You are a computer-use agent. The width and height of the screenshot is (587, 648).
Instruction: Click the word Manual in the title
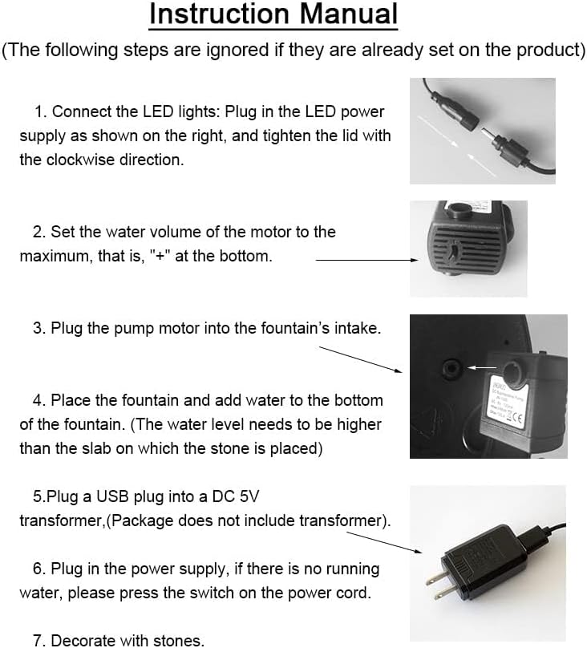point(348,14)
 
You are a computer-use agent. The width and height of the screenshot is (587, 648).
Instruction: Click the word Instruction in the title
point(219,14)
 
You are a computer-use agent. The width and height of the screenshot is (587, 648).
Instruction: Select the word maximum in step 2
point(55,257)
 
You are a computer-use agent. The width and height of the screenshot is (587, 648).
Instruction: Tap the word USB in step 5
point(112,496)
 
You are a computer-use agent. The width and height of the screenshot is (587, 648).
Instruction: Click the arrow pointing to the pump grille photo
point(366,260)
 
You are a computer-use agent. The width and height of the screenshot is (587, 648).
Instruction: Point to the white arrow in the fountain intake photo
point(482,367)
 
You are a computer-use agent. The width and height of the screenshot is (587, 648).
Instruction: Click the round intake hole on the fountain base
point(451,367)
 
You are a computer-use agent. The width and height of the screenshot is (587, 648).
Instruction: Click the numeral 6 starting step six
point(37,569)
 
